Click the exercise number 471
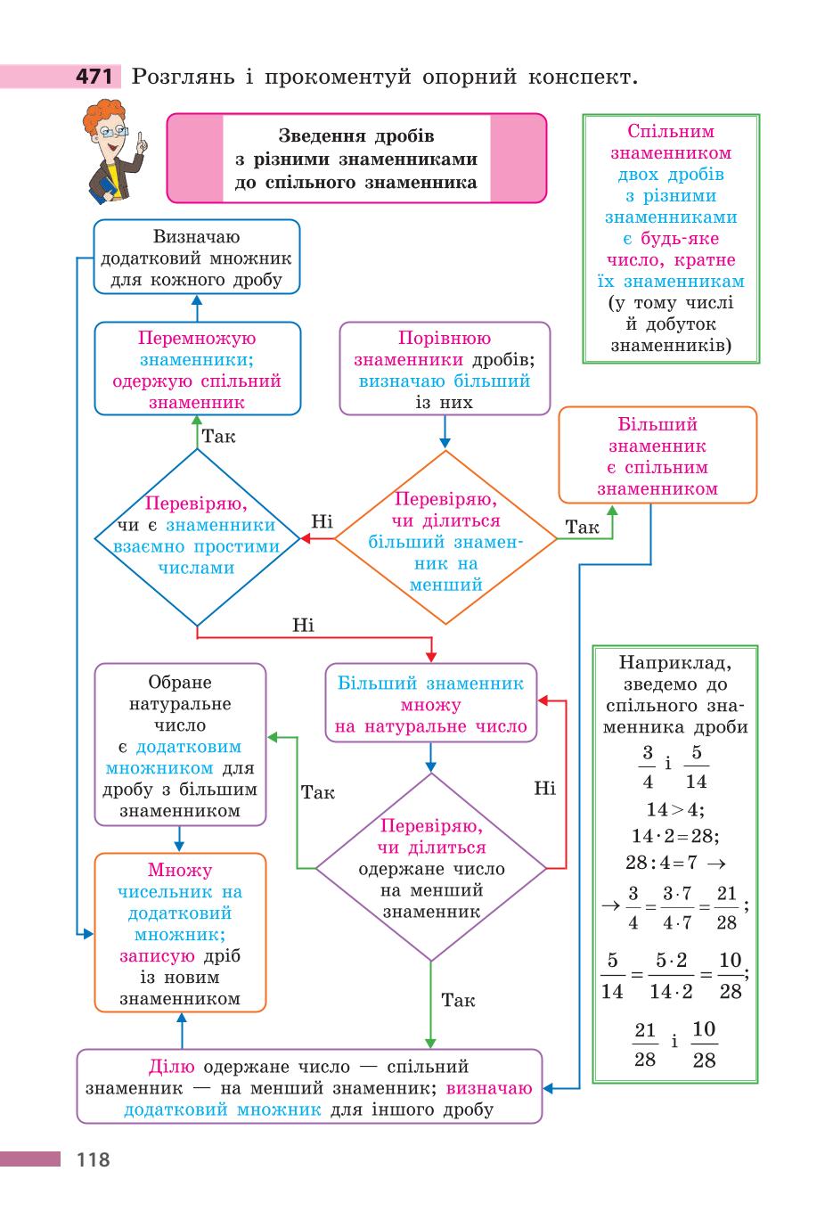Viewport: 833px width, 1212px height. (94, 77)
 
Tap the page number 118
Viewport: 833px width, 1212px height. (94, 1159)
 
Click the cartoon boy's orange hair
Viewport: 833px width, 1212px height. (102, 115)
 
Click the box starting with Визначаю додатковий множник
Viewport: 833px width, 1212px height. (197, 257)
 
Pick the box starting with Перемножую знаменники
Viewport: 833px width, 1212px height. (198, 369)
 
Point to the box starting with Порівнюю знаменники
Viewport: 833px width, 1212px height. (445, 369)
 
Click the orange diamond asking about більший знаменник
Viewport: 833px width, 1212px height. (445, 538)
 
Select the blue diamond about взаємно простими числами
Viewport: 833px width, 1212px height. (197, 538)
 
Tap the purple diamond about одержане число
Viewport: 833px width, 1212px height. (431, 868)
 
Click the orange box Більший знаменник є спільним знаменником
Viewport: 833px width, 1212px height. (657, 455)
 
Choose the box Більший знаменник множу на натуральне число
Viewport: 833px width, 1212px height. (431, 703)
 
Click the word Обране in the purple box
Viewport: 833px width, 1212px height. (180, 683)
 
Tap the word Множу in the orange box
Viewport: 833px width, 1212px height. (180, 871)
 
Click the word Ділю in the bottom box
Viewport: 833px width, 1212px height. (171, 1067)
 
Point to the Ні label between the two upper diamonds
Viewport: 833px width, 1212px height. (322, 521)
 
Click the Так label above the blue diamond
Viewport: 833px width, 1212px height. (218, 436)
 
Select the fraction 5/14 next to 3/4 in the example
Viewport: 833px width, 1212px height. (696, 766)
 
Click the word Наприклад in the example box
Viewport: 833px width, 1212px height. (675, 663)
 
